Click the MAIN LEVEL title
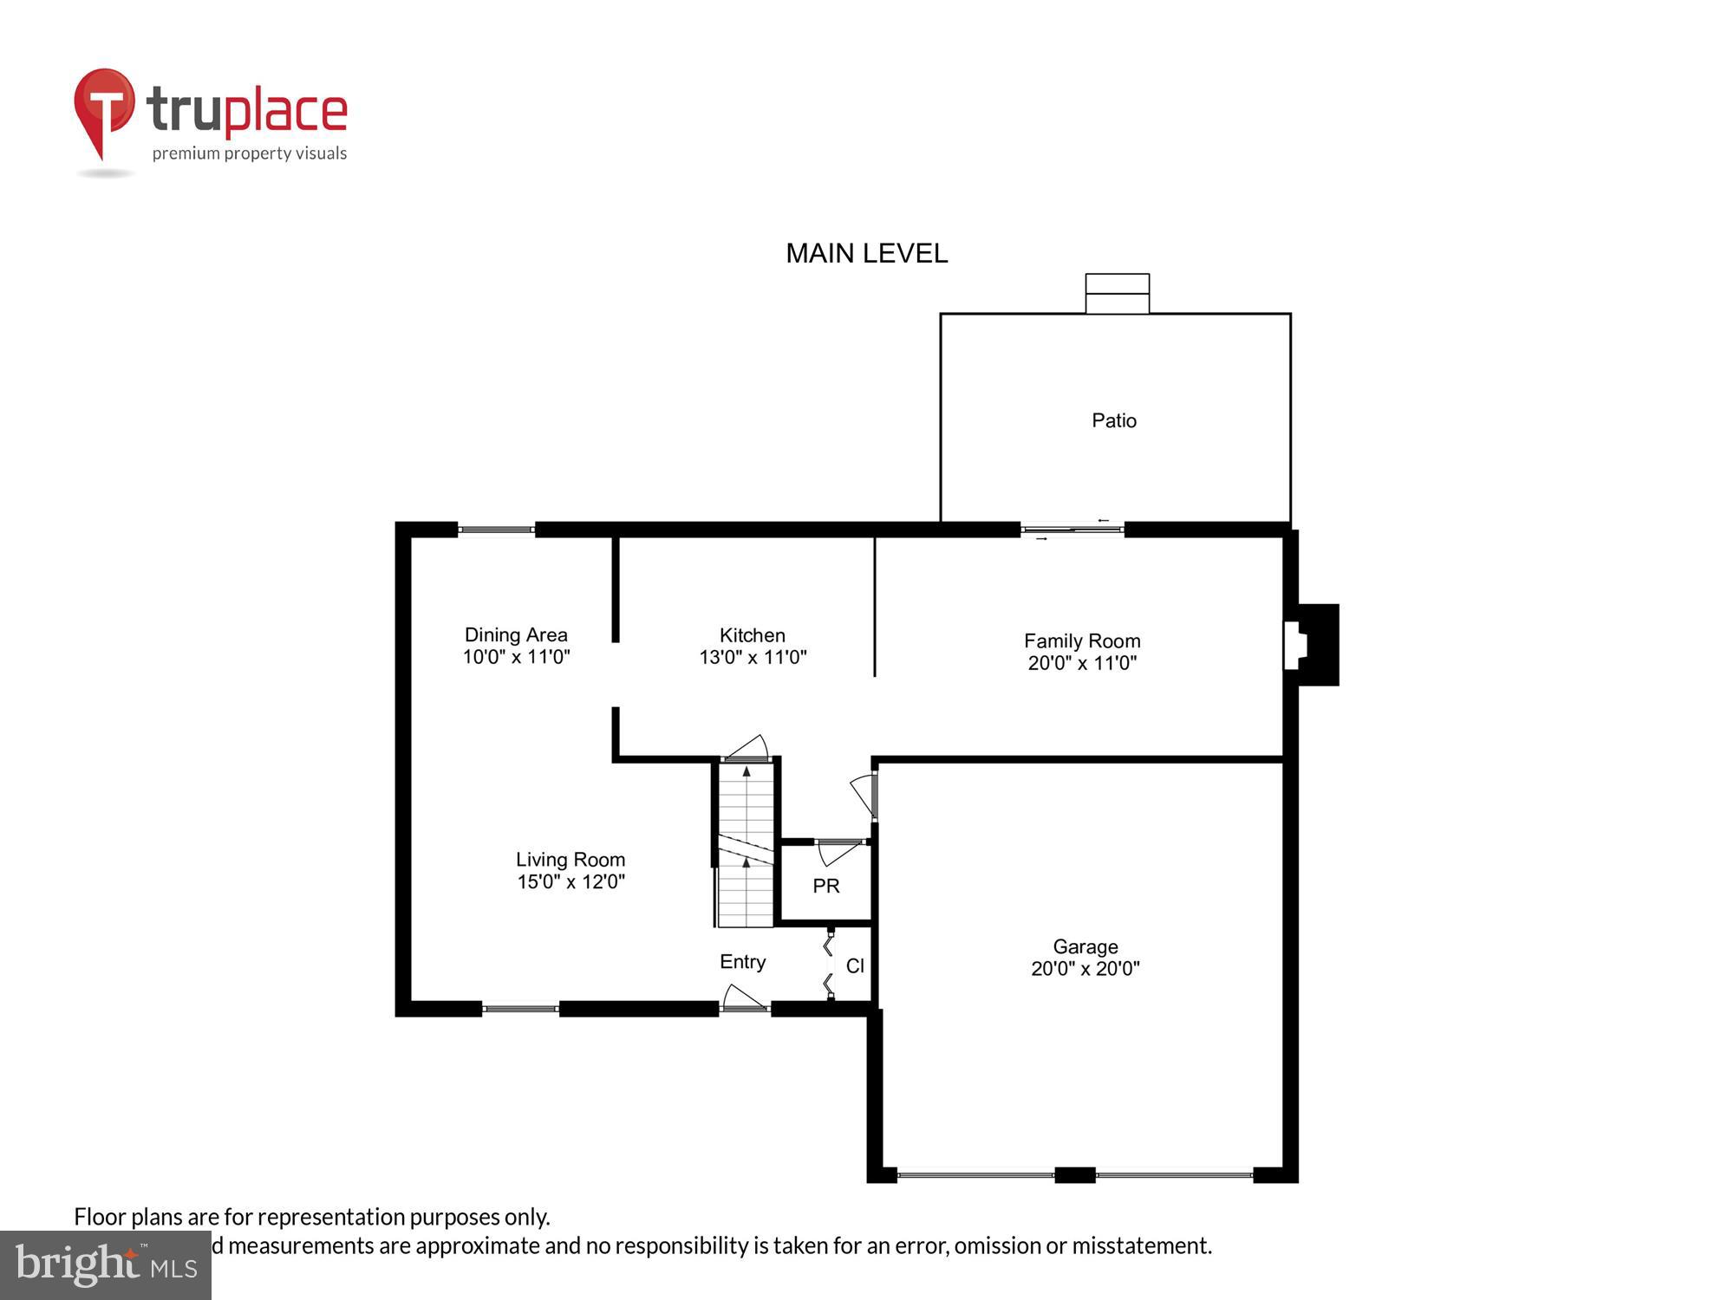coord(866,253)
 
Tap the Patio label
coord(1113,420)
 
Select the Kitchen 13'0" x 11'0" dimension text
coord(753,657)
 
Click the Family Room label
coord(1081,640)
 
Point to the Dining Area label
coord(516,634)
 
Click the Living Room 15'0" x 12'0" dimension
coord(570,881)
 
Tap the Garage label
coord(1085,946)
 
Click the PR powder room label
coord(825,886)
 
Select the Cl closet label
coord(855,965)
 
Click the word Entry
coord(742,961)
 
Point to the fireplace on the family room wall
coord(1312,645)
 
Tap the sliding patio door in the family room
coord(1072,529)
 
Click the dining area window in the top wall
coord(496,530)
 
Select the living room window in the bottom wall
coord(520,1008)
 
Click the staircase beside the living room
coord(745,845)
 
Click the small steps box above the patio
coord(1117,294)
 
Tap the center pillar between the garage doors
coord(1074,1175)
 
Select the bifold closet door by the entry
coord(829,965)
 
